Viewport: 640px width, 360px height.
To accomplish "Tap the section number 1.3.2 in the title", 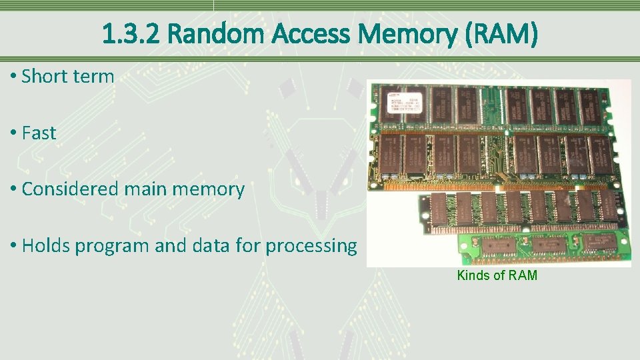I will coord(131,34).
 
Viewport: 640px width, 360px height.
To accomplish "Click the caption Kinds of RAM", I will coord(497,275).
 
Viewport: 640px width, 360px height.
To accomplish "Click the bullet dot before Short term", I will coord(13,77).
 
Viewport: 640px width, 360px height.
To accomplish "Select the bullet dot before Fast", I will coord(13,133).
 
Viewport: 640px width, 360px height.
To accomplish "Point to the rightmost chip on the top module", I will coord(589,106).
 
